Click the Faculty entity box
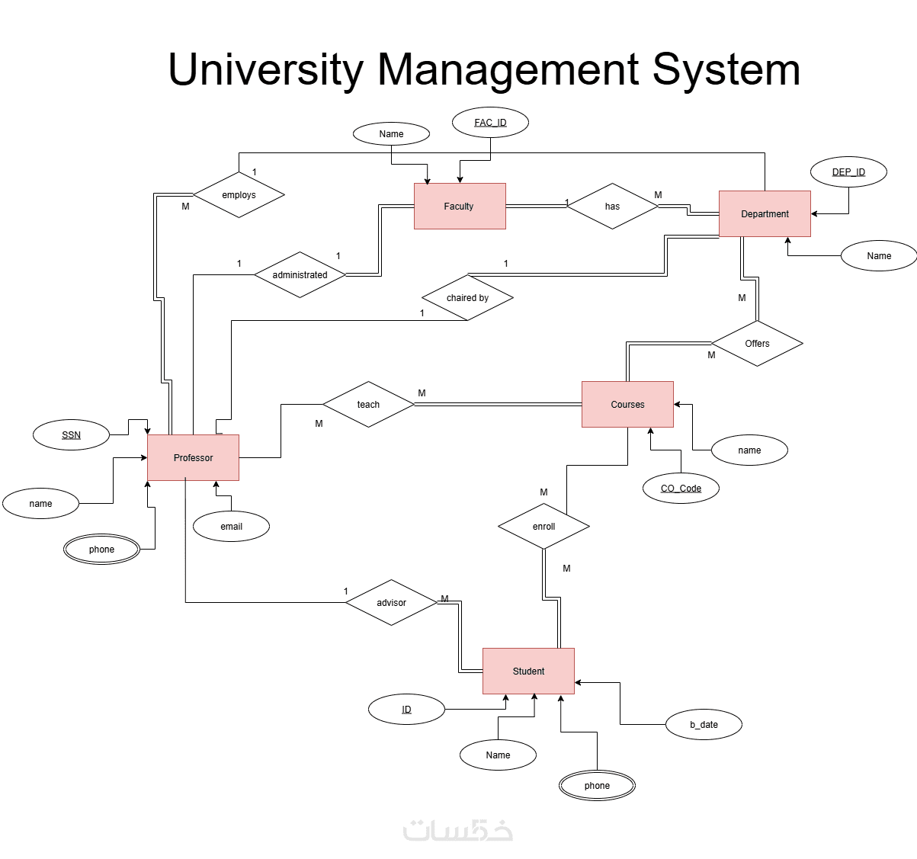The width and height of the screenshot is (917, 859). (x=460, y=206)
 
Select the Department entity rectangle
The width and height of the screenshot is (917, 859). (x=765, y=213)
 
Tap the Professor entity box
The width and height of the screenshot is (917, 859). (x=193, y=457)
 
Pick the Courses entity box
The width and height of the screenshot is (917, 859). (x=627, y=404)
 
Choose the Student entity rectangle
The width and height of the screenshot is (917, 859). (x=528, y=671)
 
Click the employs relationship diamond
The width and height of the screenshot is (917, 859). (x=239, y=194)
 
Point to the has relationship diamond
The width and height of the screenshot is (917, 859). (x=612, y=206)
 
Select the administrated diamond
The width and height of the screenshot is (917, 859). (x=300, y=274)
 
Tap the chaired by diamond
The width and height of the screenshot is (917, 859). (x=467, y=297)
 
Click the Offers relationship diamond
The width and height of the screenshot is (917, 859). (x=757, y=343)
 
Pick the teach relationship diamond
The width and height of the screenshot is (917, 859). (x=368, y=404)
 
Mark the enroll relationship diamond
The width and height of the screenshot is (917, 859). (x=543, y=526)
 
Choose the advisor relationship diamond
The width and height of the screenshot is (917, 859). (x=391, y=602)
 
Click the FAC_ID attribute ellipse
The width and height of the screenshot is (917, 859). (x=490, y=122)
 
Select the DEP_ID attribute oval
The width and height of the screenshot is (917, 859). (x=848, y=171)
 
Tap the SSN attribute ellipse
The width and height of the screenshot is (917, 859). (x=71, y=434)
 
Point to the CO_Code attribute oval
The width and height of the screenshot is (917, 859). (x=681, y=488)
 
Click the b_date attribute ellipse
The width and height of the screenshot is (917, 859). (x=704, y=724)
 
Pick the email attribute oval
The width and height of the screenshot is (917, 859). (x=231, y=526)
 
